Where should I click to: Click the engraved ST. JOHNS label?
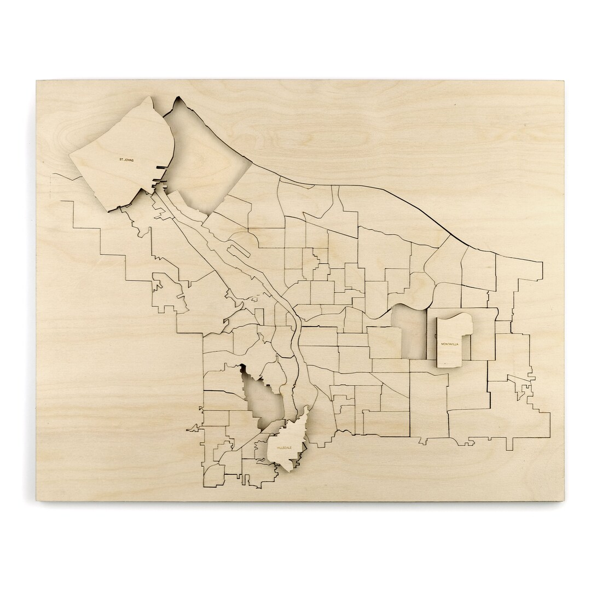[x=126, y=160]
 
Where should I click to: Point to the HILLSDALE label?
[x=285, y=448]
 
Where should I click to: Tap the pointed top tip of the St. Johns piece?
[x=150, y=98]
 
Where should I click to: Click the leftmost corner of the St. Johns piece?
[x=69, y=157]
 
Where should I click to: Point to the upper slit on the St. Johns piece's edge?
[x=160, y=167]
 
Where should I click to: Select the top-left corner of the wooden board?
[x=37, y=82]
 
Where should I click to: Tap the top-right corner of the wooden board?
[x=564, y=82]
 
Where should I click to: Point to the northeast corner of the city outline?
[x=542, y=263]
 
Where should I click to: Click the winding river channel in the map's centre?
[x=293, y=323]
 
